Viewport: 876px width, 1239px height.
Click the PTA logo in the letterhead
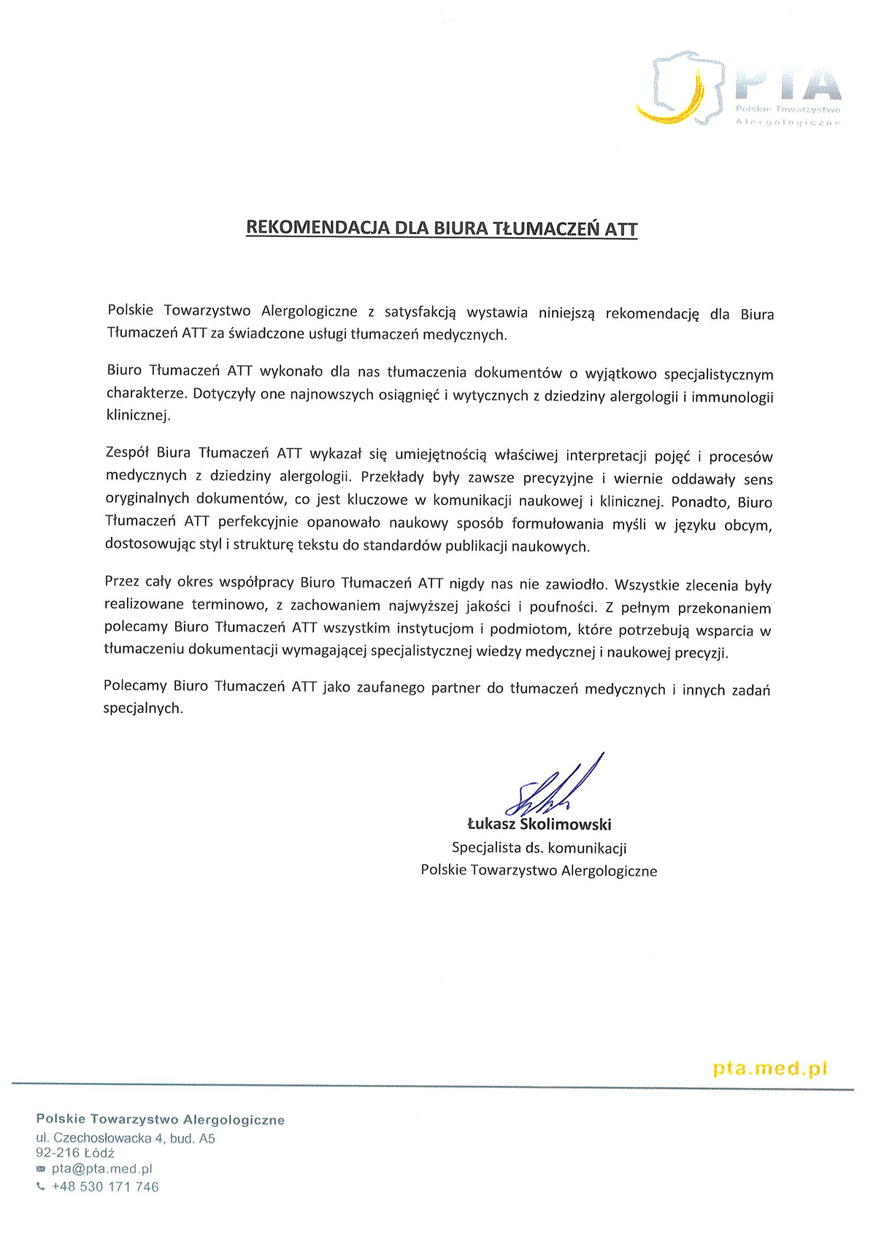[x=737, y=89]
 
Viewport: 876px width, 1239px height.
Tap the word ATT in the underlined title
[x=621, y=229]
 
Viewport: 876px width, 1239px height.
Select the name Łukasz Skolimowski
[x=539, y=825]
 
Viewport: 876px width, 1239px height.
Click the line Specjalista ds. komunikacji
[x=539, y=848]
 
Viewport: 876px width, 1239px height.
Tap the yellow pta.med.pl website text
[x=770, y=1069]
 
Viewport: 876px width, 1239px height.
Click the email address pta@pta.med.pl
[x=102, y=1169]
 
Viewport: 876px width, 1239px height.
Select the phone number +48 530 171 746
[x=105, y=1187]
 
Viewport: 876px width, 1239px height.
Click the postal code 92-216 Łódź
[x=75, y=1153]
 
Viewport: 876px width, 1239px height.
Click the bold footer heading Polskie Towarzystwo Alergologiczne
[x=161, y=1119]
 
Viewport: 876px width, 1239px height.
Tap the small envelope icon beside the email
[x=41, y=1169]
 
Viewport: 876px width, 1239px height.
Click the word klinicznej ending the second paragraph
[x=138, y=416]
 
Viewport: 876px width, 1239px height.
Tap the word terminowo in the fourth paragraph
[x=228, y=605]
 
